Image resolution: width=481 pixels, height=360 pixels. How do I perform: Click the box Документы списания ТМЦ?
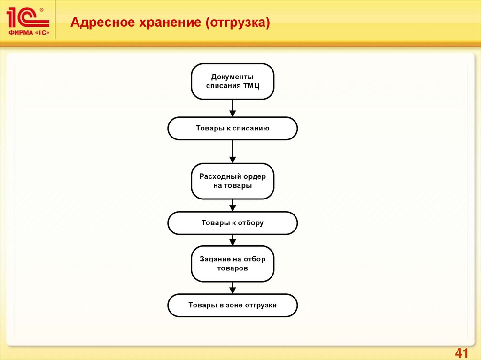(x=233, y=81)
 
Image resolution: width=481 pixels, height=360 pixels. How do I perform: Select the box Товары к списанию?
(x=233, y=128)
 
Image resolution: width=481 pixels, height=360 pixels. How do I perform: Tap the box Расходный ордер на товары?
(x=233, y=181)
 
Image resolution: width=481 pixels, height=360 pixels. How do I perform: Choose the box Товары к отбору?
(x=233, y=223)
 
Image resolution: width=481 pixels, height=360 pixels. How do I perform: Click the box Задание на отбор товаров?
(x=233, y=264)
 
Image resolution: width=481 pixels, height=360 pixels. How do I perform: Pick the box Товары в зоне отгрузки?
(x=233, y=305)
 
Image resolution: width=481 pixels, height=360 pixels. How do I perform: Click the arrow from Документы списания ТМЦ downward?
(x=233, y=108)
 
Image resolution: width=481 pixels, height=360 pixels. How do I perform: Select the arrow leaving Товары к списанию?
(x=233, y=151)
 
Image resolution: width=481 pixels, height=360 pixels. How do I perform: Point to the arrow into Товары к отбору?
(x=233, y=205)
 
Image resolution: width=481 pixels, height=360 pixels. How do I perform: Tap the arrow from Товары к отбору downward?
(x=233, y=240)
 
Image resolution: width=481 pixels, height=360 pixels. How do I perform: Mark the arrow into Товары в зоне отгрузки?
(x=233, y=287)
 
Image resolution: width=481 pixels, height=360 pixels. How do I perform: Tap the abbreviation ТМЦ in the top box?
(x=251, y=86)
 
